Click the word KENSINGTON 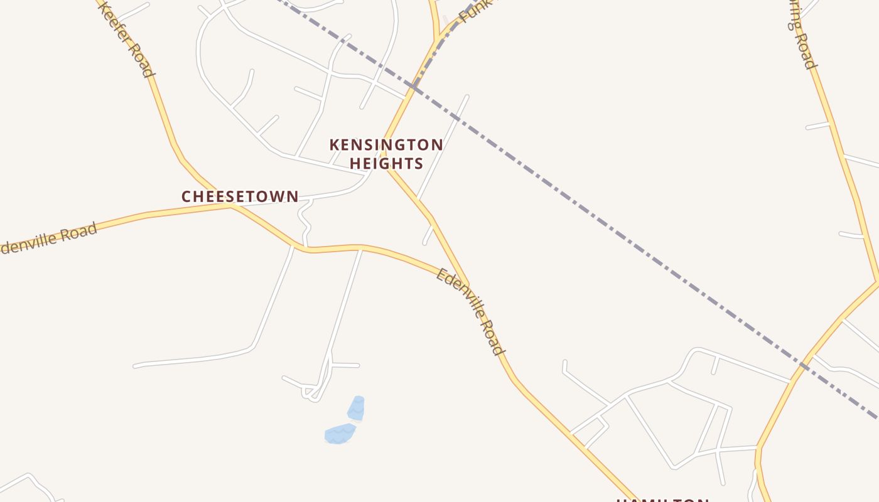(x=386, y=145)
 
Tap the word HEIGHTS (x=386, y=164)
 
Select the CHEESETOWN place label (x=240, y=196)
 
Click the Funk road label (x=471, y=11)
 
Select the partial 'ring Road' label (x=802, y=35)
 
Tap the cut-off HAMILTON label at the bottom (x=662, y=499)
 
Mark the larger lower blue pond (x=340, y=433)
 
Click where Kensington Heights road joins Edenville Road (x=468, y=285)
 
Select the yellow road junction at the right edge (x=876, y=280)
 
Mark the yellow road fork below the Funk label (x=436, y=41)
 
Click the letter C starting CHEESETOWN (x=186, y=196)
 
